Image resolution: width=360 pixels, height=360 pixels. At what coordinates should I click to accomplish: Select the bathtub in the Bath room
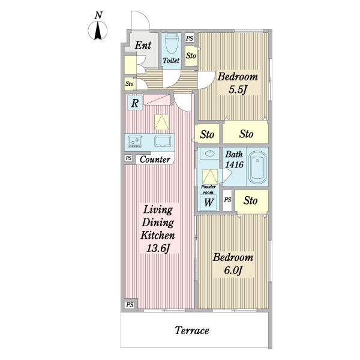pos(258,166)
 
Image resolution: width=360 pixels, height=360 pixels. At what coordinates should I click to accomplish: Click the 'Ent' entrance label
pos(143,45)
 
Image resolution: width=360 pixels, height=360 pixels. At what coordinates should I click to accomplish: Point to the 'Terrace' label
pos(192,331)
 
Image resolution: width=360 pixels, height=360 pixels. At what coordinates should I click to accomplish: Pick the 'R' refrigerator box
pos(135,103)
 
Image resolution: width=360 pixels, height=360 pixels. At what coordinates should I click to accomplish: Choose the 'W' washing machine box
pos(208,203)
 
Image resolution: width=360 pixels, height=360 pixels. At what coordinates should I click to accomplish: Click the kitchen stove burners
pos(135,141)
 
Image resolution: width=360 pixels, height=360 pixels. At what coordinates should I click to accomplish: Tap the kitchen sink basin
pos(163,141)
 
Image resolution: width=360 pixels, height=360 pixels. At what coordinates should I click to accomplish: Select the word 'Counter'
pos(155,160)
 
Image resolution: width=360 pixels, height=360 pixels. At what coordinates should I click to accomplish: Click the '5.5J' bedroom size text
pos(238,89)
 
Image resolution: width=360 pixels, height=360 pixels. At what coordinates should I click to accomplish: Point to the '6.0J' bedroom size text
pos(233,270)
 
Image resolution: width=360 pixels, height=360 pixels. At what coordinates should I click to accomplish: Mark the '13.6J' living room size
pos(158,248)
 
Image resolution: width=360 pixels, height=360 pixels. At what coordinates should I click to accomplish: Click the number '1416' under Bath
pos(234,164)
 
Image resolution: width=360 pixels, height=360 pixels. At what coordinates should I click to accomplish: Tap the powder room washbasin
pos(209,153)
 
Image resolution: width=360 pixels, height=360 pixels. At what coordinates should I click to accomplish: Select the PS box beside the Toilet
pos(190,38)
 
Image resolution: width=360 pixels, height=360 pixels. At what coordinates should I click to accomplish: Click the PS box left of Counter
pos(128,158)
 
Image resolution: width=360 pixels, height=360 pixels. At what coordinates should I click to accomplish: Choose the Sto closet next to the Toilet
pos(191,56)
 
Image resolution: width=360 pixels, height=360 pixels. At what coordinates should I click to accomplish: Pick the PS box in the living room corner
pos(130,305)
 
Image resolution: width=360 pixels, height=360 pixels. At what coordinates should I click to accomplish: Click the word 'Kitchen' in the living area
pos(158,235)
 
